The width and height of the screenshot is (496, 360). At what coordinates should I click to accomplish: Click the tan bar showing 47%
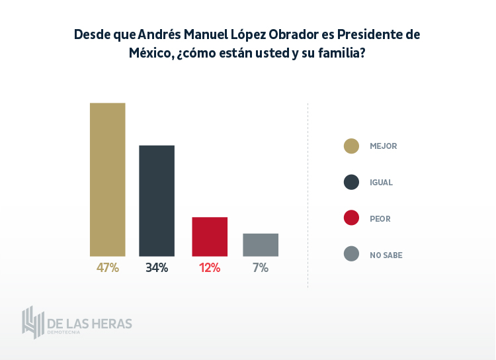click(x=108, y=179)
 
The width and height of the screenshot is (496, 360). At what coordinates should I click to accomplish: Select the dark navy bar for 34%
click(x=157, y=201)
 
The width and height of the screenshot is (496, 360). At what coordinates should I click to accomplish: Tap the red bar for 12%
click(x=210, y=236)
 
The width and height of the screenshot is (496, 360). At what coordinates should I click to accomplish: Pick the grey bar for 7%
click(x=261, y=245)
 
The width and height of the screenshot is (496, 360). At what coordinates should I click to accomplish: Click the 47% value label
click(x=107, y=268)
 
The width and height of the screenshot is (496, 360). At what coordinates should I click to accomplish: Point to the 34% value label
click(x=157, y=268)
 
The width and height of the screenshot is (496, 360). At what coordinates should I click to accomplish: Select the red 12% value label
click(x=210, y=268)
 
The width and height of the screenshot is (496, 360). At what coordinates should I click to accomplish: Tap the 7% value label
click(x=260, y=268)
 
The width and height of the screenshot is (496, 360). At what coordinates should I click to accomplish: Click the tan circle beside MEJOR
click(x=352, y=146)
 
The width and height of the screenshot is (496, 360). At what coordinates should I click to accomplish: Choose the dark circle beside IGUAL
click(x=352, y=182)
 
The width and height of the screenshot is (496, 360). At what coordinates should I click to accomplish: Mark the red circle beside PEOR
click(x=352, y=218)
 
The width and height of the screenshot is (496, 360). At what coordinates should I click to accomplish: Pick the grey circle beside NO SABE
click(x=352, y=254)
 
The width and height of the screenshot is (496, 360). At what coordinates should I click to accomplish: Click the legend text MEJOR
click(x=384, y=146)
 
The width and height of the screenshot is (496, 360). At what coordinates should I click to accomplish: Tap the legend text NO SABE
click(x=386, y=255)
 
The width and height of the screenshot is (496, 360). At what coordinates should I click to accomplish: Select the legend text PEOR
click(x=380, y=218)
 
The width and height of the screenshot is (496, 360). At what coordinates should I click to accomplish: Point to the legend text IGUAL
click(x=382, y=182)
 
